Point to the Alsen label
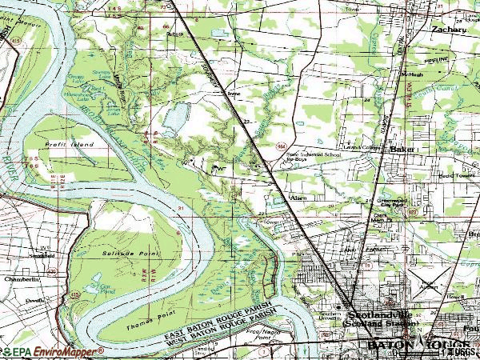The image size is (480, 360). (298, 195)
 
